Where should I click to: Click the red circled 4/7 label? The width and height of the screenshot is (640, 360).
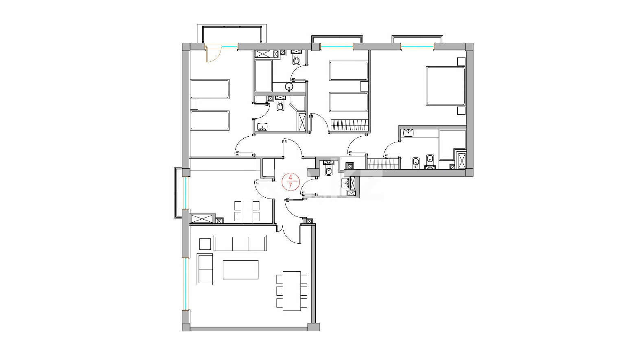[x=291, y=182]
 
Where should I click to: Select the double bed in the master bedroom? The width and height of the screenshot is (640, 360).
[x=446, y=86]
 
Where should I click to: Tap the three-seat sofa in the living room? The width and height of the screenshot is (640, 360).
[x=240, y=243]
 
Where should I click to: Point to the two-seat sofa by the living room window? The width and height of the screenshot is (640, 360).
[x=205, y=269]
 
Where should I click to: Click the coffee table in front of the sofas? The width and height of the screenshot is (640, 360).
[x=240, y=269]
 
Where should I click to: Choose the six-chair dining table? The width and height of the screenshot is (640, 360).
[x=292, y=291]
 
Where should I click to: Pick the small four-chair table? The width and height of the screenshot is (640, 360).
[x=247, y=212]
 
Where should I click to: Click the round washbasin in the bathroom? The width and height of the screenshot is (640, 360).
[x=289, y=86]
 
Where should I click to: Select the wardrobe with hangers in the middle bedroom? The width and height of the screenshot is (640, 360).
[x=349, y=125]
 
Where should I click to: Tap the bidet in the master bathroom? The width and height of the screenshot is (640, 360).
[x=415, y=163]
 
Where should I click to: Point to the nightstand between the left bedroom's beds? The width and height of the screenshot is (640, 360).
[x=194, y=105]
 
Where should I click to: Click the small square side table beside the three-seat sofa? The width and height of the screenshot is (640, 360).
[x=205, y=244]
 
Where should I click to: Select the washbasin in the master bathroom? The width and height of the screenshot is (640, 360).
[x=408, y=133]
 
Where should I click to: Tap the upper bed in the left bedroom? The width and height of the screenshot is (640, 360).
[x=210, y=89]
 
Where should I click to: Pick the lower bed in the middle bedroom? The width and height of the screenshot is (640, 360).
[x=349, y=102]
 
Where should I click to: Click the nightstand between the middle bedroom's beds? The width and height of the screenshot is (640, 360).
[x=364, y=86]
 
